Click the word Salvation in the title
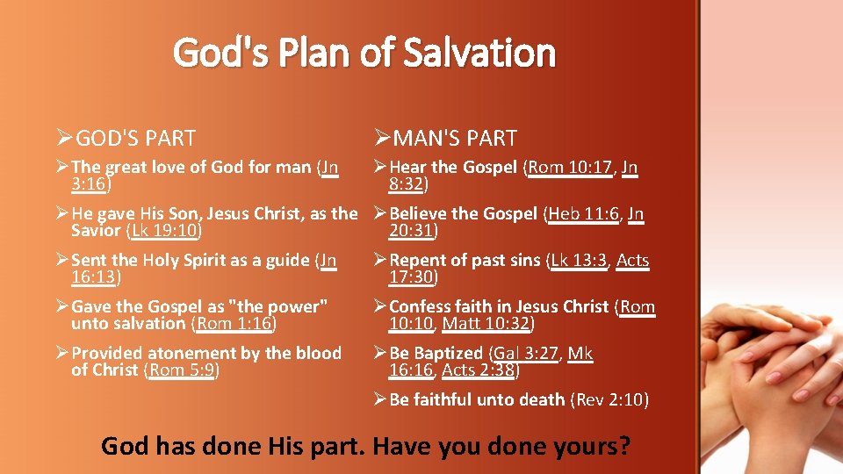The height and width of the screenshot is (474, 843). coord(479,53)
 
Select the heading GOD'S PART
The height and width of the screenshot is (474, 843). coord(135,139)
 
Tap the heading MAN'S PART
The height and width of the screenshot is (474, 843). coord(455,139)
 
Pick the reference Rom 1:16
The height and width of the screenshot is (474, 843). coord(233,324)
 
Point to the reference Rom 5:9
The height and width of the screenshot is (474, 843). coord(181,370)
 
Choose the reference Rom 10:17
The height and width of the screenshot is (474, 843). coord(569,167)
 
